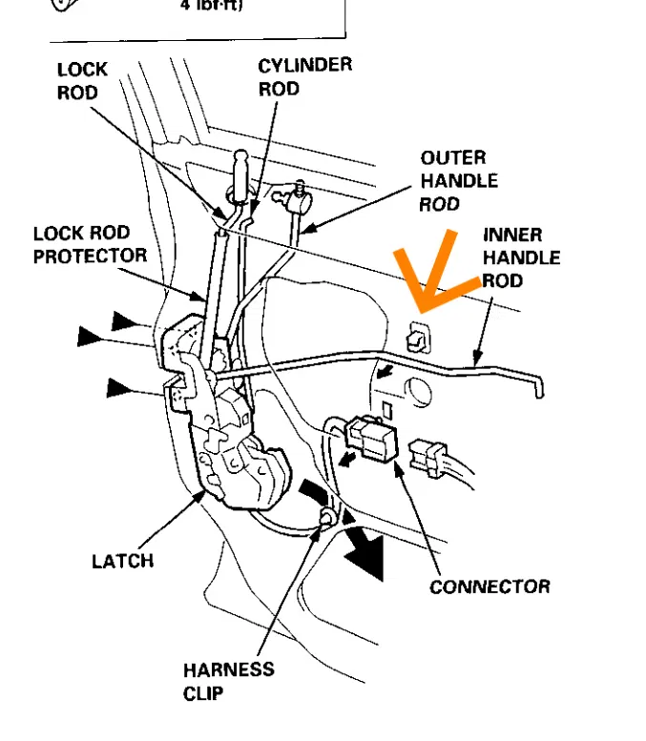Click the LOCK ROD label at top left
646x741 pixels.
(82, 81)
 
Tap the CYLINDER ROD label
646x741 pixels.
(291, 77)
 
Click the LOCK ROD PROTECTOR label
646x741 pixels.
(90, 245)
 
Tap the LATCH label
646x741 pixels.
(122, 561)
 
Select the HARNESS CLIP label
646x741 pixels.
(228, 681)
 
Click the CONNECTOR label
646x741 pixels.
(490, 587)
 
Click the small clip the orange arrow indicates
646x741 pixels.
(417, 337)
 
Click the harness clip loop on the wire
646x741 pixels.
(326, 519)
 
